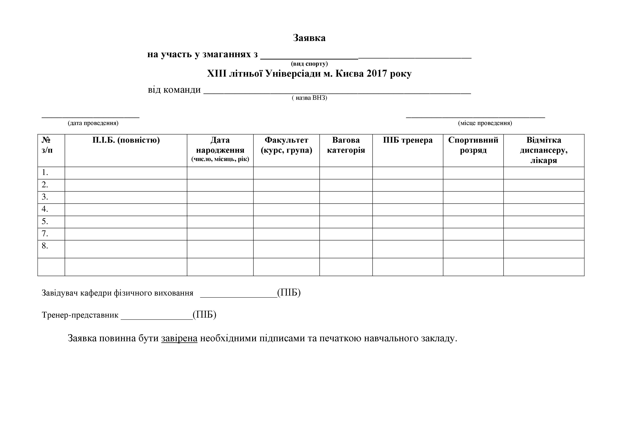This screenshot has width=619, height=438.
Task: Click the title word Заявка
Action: (309, 38)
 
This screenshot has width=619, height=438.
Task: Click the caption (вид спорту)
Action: (309, 64)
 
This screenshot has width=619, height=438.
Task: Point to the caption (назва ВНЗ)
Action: (309, 98)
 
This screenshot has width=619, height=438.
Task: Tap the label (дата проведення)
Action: (93, 123)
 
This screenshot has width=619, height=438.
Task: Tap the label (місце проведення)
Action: (485, 123)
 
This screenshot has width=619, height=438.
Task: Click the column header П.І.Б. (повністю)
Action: (126, 140)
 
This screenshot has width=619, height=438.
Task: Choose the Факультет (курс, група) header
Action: (286, 145)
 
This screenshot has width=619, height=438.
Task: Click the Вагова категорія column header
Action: (346, 145)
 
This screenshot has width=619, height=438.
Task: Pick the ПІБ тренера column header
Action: (408, 140)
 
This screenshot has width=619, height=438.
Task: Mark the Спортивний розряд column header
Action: (473, 145)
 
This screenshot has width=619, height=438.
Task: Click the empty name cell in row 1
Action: (126, 173)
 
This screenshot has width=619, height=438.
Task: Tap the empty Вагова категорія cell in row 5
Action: (346, 222)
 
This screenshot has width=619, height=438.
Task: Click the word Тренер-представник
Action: (80, 315)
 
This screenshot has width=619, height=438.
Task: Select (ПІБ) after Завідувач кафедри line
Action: (289, 293)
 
